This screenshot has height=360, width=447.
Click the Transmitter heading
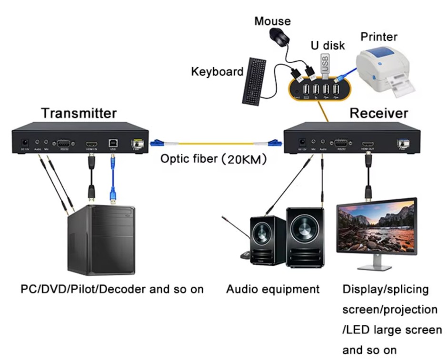[x=79, y=113]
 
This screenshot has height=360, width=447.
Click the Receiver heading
[x=378, y=113]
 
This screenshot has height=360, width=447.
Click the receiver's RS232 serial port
[x=341, y=142]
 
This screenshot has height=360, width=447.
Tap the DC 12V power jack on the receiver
[x=301, y=142]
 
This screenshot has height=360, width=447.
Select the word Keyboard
[x=217, y=72]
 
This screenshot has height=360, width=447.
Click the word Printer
[x=378, y=37]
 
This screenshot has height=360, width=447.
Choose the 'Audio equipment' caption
[x=272, y=289]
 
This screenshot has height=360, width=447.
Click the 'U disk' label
[x=328, y=46]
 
